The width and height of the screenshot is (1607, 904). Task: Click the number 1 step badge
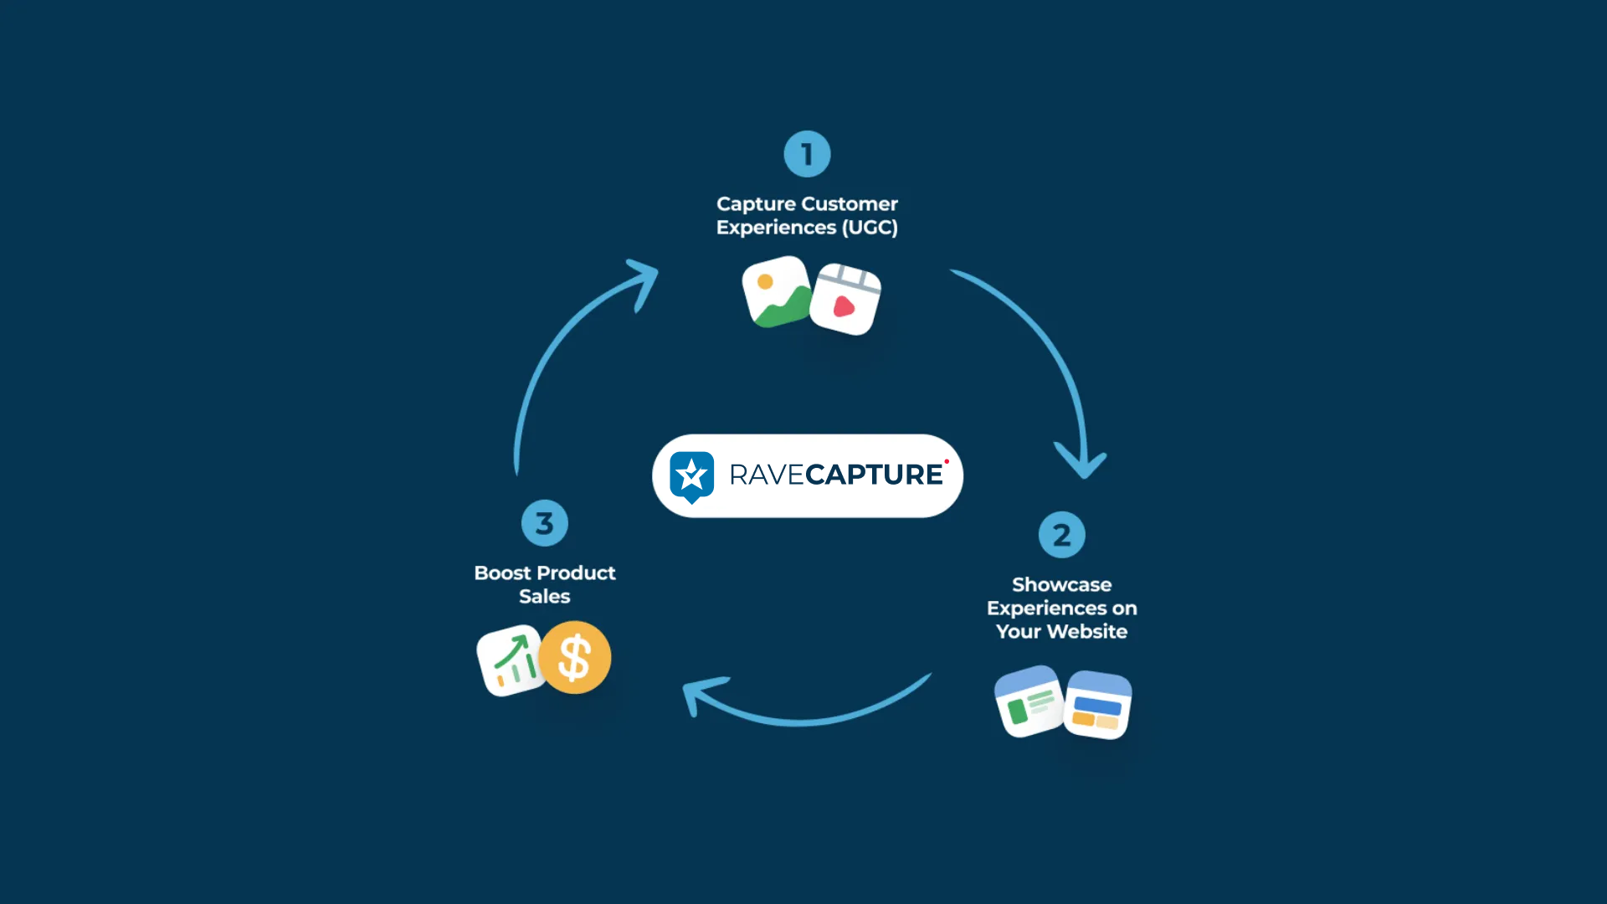tap(807, 154)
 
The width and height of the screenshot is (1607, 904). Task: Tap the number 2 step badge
tap(1061, 535)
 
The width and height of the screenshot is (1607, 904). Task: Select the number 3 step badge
tap(544, 523)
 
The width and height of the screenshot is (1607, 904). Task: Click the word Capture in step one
tap(756, 204)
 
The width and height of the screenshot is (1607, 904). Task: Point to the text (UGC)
tap(870, 228)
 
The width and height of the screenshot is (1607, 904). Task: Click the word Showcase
tap(1061, 584)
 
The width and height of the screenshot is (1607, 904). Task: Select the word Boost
tap(502, 573)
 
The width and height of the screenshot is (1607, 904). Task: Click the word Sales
tap(544, 597)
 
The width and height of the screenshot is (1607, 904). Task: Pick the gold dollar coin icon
tap(575, 657)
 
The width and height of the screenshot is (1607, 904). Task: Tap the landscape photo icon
tap(777, 291)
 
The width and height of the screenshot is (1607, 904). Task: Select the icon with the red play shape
tap(845, 300)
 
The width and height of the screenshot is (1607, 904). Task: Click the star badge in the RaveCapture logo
tap(692, 476)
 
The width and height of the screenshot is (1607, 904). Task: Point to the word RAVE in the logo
tap(766, 475)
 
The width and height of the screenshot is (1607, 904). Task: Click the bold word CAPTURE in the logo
tap(874, 475)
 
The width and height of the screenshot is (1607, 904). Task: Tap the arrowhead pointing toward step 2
tap(1081, 463)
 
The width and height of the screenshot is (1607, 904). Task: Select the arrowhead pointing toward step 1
tap(644, 280)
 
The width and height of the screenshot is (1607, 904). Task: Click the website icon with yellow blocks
tap(1097, 705)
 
